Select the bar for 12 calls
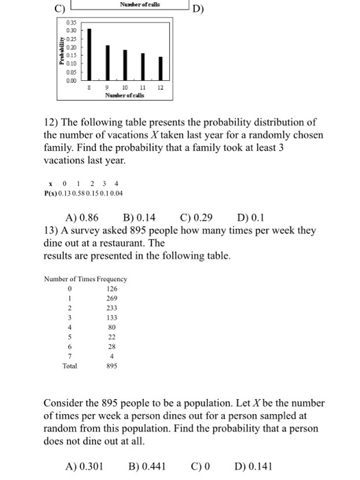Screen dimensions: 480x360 tap(159, 66)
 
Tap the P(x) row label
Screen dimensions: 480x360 tap(50, 190)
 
